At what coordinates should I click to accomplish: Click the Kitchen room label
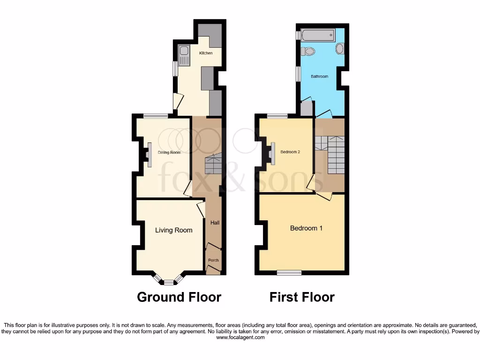[x=206, y=53]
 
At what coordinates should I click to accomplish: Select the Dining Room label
[x=169, y=152]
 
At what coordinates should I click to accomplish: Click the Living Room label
[x=174, y=230]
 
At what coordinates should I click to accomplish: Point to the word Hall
[x=215, y=223]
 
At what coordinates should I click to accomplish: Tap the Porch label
[x=213, y=260]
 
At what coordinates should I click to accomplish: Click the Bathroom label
[x=320, y=76]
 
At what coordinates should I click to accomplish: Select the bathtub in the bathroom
[x=318, y=35]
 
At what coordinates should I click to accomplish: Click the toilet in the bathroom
[x=308, y=51]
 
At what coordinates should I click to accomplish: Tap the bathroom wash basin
[x=340, y=48]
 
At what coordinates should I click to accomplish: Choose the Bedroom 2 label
[x=290, y=152]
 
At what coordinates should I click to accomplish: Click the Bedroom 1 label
[x=306, y=228]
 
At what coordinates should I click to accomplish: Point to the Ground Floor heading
[x=179, y=297]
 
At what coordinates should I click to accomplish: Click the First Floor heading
[x=302, y=297]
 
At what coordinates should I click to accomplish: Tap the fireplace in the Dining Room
[x=149, y=154]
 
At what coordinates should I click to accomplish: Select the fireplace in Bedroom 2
[x=272, y=153]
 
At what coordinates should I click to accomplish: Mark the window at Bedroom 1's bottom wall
[x=289, y=272]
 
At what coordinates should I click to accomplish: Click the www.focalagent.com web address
[x=240, y=337]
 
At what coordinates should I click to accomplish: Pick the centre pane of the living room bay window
[x=168, y=283]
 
